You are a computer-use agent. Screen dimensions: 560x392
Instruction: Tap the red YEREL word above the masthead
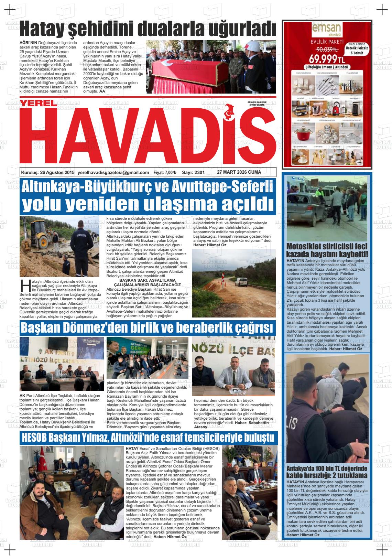point(37,103)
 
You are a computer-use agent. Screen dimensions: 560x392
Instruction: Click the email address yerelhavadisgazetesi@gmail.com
point(113,172)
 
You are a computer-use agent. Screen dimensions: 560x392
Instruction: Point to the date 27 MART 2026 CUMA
point(239,172)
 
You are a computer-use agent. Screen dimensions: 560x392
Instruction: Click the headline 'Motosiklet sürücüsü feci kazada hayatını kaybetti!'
point(327,250)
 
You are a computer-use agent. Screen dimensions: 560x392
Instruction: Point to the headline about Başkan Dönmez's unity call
point(148,328)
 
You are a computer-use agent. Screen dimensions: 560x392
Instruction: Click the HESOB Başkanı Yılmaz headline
point(148,438)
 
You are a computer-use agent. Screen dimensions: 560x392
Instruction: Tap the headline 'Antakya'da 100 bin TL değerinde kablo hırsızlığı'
point(327,472)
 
